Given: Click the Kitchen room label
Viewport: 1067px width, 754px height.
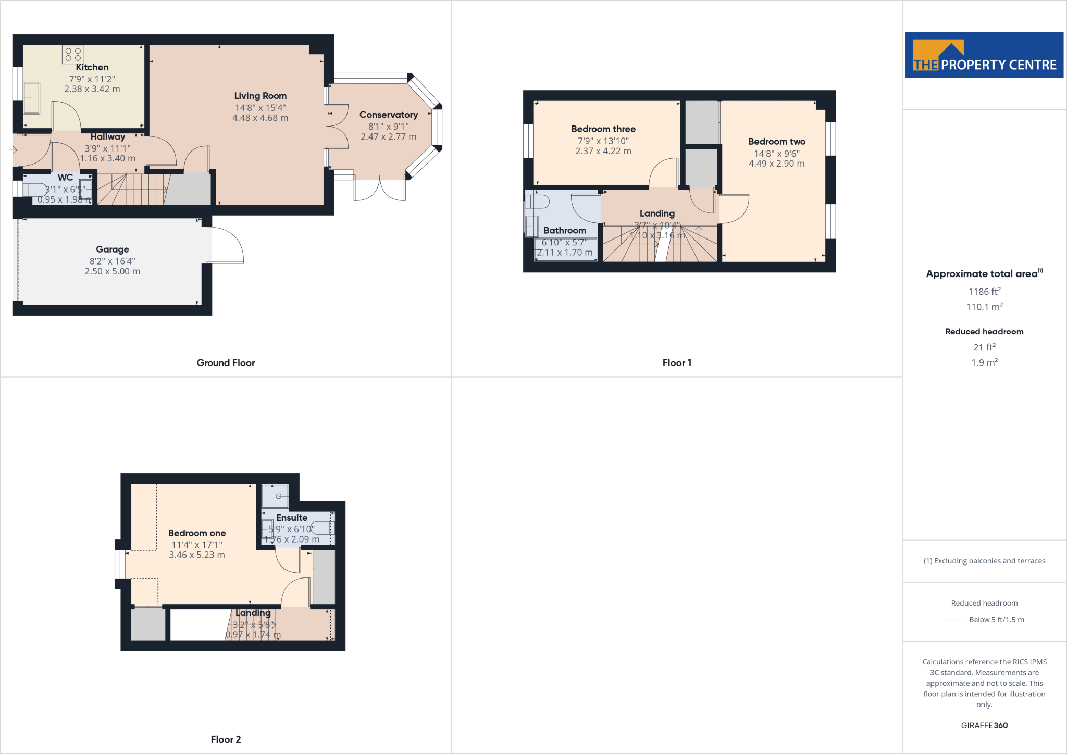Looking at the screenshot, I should [x=92, y=67].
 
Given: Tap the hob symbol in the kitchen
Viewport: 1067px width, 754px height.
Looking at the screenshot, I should [x=73, y=54].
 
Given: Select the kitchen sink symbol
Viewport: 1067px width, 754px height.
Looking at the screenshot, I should [x=31, y=97].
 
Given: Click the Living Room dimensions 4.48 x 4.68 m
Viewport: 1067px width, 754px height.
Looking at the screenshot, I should [x=260, y=118].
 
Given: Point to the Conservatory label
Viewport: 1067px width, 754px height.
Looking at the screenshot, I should [x=388, y=115].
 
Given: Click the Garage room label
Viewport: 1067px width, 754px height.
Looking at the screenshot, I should [x=112, y=249].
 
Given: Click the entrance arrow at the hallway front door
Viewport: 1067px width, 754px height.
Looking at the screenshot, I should [x=14, y=150].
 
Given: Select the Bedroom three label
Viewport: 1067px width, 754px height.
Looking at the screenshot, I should [x=603, y=129].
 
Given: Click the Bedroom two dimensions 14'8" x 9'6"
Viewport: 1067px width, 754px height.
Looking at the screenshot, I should [x=776, y=153].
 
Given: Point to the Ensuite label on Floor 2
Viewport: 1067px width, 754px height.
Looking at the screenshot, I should [x=292, y=517].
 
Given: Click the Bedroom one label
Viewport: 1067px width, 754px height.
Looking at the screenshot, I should [x=197, y=533].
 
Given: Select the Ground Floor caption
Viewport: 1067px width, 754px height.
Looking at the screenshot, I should [x=226, y=362].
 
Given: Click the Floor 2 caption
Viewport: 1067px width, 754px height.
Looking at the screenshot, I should [x=226, y=739].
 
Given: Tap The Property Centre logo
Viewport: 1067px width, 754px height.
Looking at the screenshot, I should [x=984, y=55].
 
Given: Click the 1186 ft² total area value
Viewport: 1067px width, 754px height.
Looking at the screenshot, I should [x=984, y=291].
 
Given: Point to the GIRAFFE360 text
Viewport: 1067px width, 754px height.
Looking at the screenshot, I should [x=984, y=725].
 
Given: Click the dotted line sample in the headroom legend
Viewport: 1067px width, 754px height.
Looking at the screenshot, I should [x=953, y=620].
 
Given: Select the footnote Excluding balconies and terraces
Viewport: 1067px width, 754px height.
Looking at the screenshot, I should [x=984, y=561].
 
